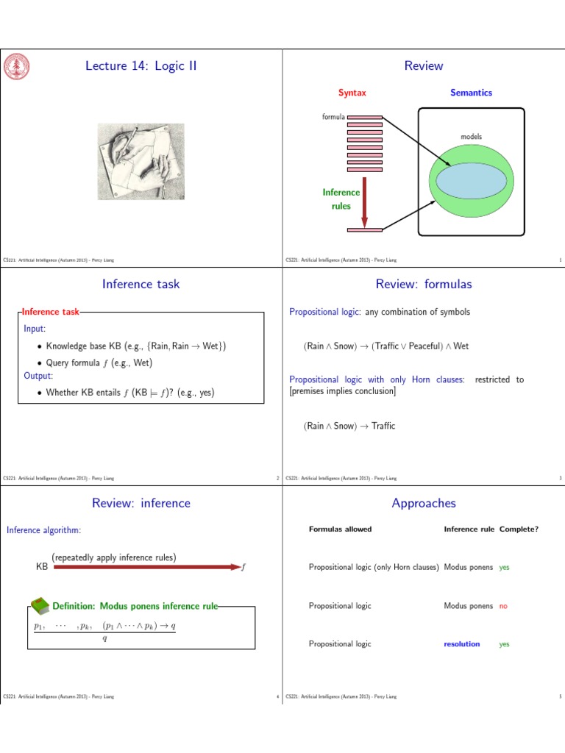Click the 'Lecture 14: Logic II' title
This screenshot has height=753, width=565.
(141, 66)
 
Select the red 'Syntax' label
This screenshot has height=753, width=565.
(352, 93)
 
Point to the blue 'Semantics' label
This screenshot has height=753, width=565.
(471, 93)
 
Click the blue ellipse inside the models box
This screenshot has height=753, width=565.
(472, 182)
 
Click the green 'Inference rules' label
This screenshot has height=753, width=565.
(341, 199)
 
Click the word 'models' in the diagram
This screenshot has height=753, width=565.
(471, 137)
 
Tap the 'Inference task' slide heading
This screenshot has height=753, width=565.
(141, 285)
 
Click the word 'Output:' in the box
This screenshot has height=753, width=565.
(39, 376)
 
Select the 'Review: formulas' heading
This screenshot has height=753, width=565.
(424, 285)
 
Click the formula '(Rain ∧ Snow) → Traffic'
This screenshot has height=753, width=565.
(349, 426)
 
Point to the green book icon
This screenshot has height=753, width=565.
(41, 605)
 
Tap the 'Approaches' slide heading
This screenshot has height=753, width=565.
(424, 504)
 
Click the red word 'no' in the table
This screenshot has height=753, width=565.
(503, 606)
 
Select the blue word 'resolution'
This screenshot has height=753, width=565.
(461, 644)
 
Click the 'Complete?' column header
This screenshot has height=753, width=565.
(519, 529)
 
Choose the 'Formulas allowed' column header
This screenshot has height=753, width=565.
(340, 529)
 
